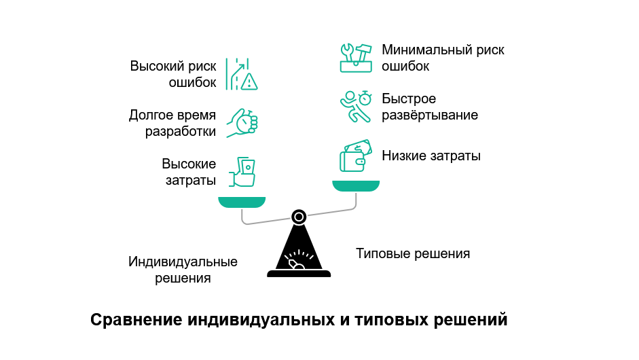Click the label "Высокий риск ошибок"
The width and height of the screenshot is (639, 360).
[173, 75]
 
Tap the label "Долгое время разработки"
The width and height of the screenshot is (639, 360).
[172, 123]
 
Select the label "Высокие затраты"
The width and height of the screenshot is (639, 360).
[189, 172]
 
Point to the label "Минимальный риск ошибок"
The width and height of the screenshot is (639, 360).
[443, 58]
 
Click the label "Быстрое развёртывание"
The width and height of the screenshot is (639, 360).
[429, 107]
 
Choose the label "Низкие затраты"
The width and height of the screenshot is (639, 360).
[431, 156]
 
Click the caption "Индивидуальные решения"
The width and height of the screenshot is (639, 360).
[183, 270]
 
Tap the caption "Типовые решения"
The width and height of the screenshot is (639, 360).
[413, 254]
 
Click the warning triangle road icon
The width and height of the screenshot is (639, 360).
[242, 74]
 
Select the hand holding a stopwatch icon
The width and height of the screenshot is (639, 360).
[242, 123]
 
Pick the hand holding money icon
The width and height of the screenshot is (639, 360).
[243, 172]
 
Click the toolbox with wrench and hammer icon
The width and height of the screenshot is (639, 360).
[356, 58]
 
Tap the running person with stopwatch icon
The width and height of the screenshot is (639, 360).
[356, 107]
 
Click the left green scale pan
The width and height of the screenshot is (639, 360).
[242, 202]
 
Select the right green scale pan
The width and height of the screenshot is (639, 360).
[356, 185]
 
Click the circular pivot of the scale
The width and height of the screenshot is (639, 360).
[298, 217]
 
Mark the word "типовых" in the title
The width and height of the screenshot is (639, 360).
[386, 319]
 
